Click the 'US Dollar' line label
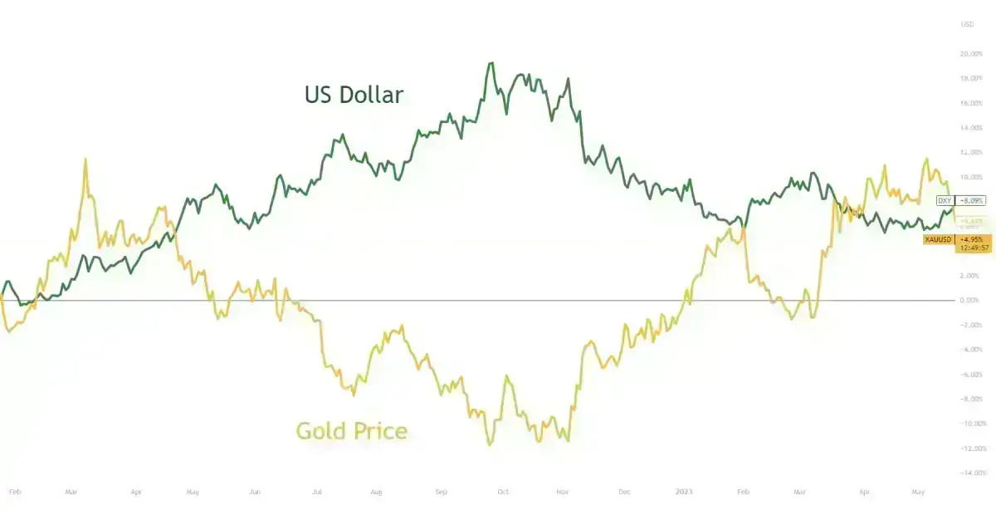[x=354, y=95]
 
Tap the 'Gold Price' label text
[x=352, y=431]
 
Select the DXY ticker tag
[x=945, y=200]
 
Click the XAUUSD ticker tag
[x=939, y=239]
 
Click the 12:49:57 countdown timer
[x=973, y=248]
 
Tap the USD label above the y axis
[x=967, y=24]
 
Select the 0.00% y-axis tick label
[x=969, y=300]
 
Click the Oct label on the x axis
[x=502, y=492]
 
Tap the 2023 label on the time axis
[x=685, y=492]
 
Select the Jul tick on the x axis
[x=316, y=492]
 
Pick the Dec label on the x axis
[x=624, y=492]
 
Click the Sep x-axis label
[x=441, y=492]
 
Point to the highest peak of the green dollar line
[x=491, y=63]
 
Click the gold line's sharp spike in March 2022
[x=85, y=159]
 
